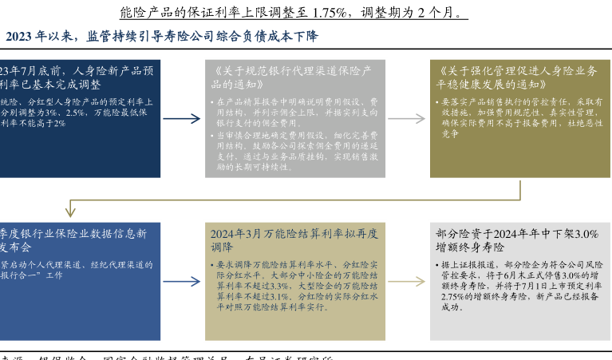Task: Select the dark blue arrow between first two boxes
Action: pos(182,119)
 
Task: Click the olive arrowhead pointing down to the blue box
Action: pos(70,214)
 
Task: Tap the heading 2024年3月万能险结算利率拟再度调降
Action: pos(294,240)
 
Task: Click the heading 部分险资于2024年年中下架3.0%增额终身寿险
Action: pos(517,240)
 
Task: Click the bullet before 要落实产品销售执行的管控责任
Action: pos(435,103)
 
